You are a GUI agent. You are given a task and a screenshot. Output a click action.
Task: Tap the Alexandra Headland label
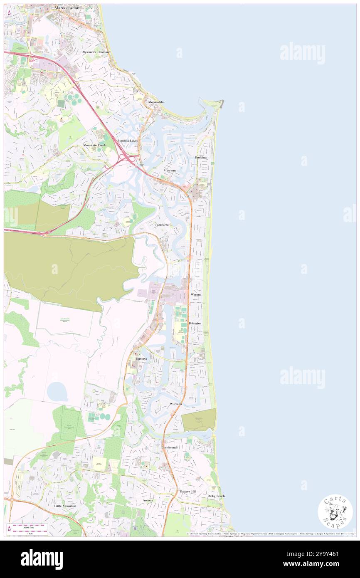coord(96,52)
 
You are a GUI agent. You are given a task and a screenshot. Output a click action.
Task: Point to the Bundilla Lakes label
coord(128,141)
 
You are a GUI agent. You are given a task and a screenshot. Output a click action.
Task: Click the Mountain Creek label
coord(94,145)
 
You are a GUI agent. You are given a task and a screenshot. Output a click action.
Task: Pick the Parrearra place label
coord(162,225)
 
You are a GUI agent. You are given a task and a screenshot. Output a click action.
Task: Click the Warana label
coord(196,294)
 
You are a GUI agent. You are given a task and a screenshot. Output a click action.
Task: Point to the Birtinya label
coord(141,358)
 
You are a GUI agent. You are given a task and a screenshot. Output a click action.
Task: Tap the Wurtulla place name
coord(176,404)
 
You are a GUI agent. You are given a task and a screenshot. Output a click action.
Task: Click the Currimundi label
coord(170,447)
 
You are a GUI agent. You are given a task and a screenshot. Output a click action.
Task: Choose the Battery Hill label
coord(188,492)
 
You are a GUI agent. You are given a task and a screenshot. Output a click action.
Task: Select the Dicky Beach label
coord(216,496)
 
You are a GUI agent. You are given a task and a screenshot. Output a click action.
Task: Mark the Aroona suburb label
coord(148,500)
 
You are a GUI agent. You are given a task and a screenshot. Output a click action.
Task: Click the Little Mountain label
coord(65,506)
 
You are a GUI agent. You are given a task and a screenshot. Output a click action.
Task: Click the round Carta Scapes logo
coord(335,512)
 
